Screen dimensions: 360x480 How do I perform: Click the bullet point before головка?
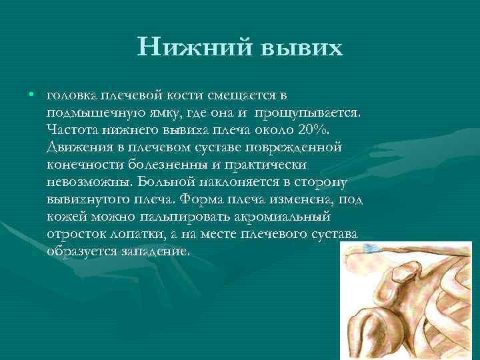(31, 95)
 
